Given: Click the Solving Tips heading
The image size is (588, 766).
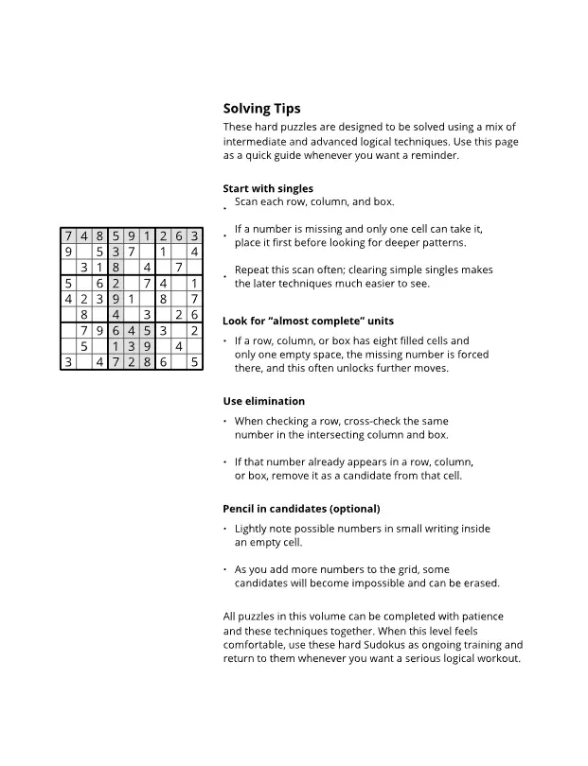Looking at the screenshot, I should click(x=261, y=109).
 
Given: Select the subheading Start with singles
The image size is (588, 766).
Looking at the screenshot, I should click(x=268, y=188).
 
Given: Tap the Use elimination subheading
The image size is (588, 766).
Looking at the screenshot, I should click(x=263, y=401).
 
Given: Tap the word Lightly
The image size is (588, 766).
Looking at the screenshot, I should click(x=252, y=529).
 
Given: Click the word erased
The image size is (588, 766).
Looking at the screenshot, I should click(x=479, y=583).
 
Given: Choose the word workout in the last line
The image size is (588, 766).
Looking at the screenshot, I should click(x=497, y=658).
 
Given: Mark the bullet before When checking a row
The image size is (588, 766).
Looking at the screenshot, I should click(x=225, y=422).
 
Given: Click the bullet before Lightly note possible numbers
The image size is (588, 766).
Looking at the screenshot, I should click(x=225, y=530).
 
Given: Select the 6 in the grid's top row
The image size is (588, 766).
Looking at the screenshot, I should click(x=179, y=236).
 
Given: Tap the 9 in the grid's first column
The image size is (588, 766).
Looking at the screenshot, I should click(x=68, y=252).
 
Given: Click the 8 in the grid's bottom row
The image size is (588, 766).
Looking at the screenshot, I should click(x=147, y=361).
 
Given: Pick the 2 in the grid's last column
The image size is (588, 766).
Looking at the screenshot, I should click(x=194, y=330).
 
